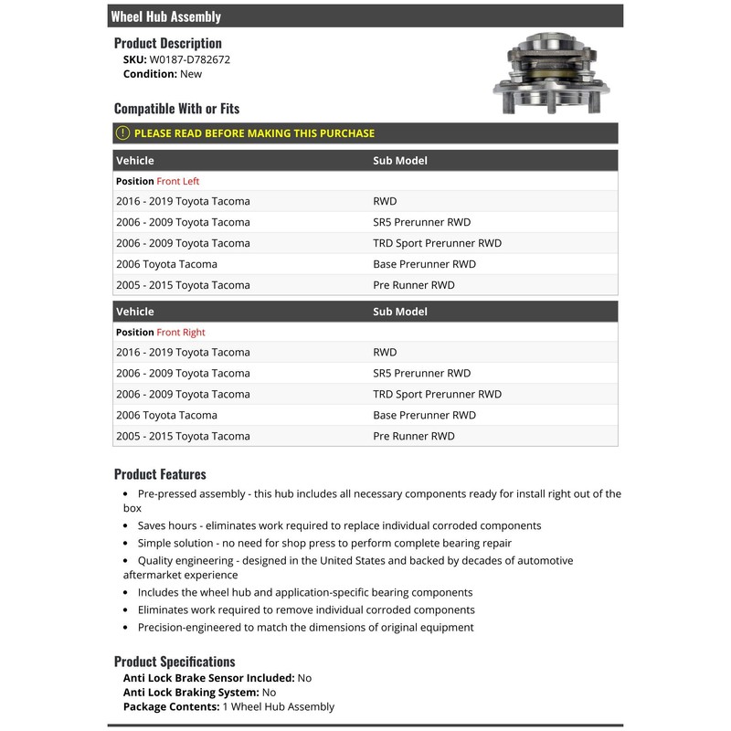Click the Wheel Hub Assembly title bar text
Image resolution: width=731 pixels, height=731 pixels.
click(165, 16)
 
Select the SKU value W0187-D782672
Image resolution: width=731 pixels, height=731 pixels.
click(190, 59)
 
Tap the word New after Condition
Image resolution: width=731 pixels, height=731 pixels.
click(191, 74)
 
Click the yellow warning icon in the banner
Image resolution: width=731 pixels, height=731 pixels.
click(123, 133)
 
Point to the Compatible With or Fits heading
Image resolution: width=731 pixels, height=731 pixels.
click(176, 109)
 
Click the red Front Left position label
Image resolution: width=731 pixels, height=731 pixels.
click(177, 181)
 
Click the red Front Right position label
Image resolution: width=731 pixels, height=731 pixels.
click(180, 333)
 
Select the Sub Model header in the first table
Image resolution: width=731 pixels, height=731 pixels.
click(400, 161)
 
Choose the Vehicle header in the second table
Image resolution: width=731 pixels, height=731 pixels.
click(135, 313)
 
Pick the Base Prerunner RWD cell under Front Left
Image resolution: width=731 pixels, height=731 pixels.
click(424, 264)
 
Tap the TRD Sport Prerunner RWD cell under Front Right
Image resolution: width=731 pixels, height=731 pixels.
click(437, 394)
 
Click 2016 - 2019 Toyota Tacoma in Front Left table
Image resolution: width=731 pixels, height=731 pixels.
click(183, 201)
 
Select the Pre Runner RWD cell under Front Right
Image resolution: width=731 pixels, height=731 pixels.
click(413, 436)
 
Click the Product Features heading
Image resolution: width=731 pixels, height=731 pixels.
click(160, 474)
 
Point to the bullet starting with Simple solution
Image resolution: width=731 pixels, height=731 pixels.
click(324, 543)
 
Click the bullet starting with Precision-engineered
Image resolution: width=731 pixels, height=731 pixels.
click(305, 628)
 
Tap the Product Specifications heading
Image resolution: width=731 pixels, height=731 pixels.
click(175, 662)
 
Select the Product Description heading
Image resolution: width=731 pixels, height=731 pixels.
click(168, 43)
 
